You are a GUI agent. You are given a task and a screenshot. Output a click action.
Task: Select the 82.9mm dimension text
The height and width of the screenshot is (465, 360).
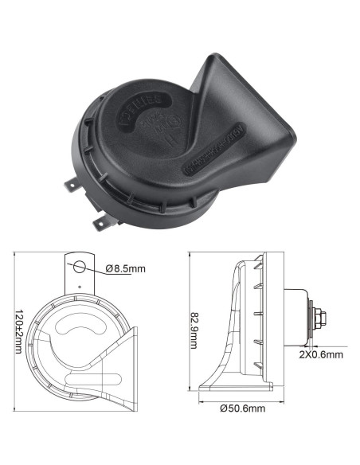click(194, 324)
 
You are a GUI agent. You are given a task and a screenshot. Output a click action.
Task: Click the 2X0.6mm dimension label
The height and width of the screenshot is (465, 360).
click(321, 354)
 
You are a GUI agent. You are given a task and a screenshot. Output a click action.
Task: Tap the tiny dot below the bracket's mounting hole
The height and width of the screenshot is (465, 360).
click(79, 283)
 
